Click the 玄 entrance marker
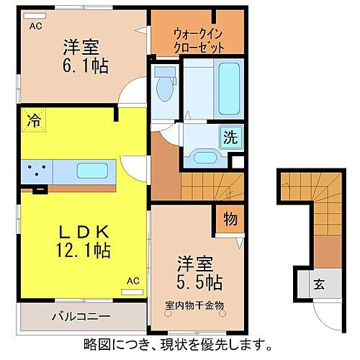tap(318, 283)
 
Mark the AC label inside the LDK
tap(132, 280)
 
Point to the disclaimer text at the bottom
tap(177, 343)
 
